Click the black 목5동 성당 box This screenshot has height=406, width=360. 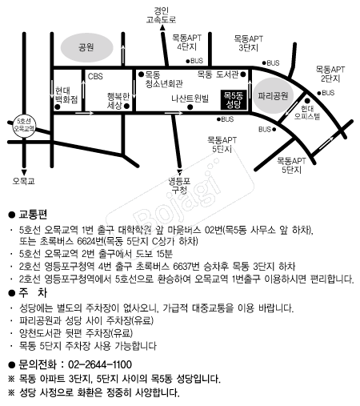click(x=234, y=99)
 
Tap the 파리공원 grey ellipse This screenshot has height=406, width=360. click(x=273, y=95)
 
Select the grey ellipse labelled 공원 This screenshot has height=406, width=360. click(x=86, y=47)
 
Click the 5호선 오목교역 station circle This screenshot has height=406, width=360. click(x=24, y=125)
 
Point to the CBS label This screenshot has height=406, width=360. click(x=95, y=77)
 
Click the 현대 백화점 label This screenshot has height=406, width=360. click(x=66, y=94)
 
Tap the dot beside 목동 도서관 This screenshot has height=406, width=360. click(x=243, y=74)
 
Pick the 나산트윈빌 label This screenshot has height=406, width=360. click(x=190, y=98)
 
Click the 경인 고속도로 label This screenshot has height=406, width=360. click(x=161, y=15)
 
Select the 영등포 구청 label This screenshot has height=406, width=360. click(x=179, y=185)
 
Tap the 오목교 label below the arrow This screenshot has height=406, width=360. click(x=24, y=181)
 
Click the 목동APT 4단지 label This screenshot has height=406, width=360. click(x=186, y=42)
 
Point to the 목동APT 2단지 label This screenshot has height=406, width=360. click(x=330, y=74)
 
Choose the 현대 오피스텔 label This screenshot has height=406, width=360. click(x=307, y=112)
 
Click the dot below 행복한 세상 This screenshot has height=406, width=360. click(x=126, y=106)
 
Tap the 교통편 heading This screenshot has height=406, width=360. click(x=33, y=215)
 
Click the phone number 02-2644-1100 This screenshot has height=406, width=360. click(x=100, y=364)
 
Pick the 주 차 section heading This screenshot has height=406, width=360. click(x=33, y=293)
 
